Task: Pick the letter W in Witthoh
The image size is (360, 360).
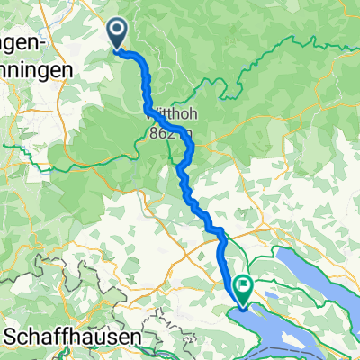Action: click(x=150, y=115)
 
